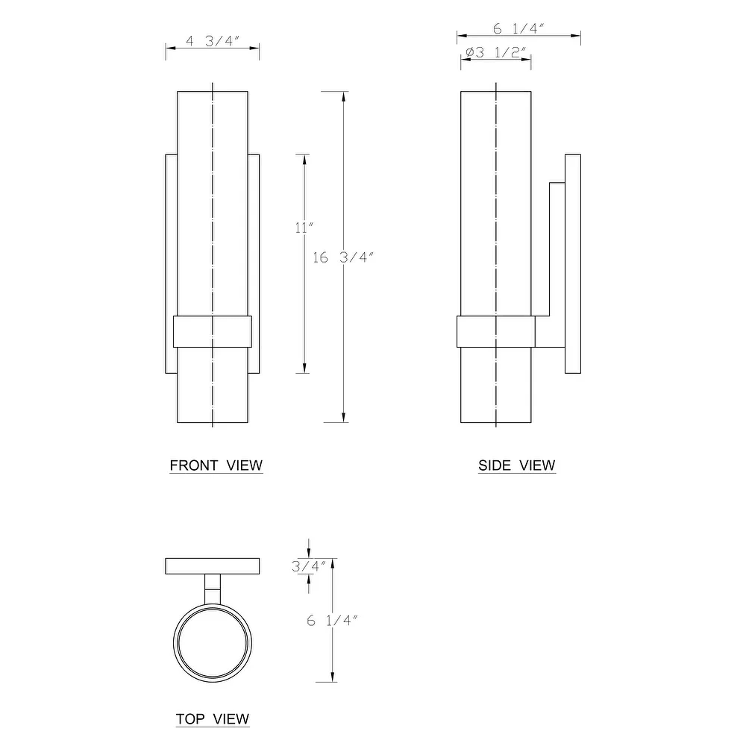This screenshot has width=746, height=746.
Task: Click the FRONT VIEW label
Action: pyautogui.click(x=216, y=466)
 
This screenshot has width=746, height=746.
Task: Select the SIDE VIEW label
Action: pyautogui.click(x=516, y=466)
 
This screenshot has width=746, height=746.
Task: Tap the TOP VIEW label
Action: pyautogui.click(x=213, y=719)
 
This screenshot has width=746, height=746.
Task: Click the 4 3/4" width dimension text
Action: pyautogui.click(x=211, y=41)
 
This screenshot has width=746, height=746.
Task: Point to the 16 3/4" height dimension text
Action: pyautogui.click(x=342, y=257)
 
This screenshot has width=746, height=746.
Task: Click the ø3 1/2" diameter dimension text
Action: pyautogui.click(x=495, y=52)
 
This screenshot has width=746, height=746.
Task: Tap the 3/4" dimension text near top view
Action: pyautogui.click(x=308, y=566)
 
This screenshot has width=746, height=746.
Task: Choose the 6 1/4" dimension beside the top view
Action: pyautogui.click(x=333, y=621)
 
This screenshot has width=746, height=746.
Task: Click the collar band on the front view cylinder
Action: pyautogui.click(x=213, y=331)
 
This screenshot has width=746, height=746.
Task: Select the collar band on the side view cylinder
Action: pyautogui.click(x=496, y=331)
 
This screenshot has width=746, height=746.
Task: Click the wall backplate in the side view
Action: pyautogui.click(x=572, y=263)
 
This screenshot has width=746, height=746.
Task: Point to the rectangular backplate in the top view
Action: pyautogui.click(x=212, y=566)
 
